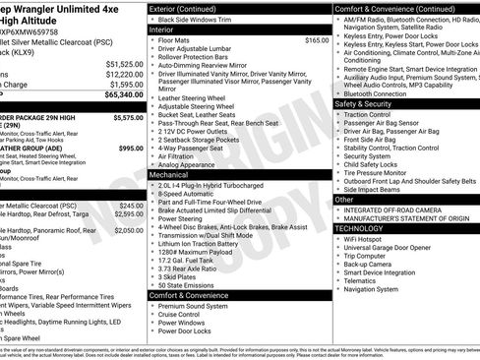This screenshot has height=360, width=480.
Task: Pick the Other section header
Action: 345,199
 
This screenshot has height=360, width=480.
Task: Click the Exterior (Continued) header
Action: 191,8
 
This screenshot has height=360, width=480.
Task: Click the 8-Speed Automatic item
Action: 188,194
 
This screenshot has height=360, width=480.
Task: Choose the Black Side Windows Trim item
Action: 196,20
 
